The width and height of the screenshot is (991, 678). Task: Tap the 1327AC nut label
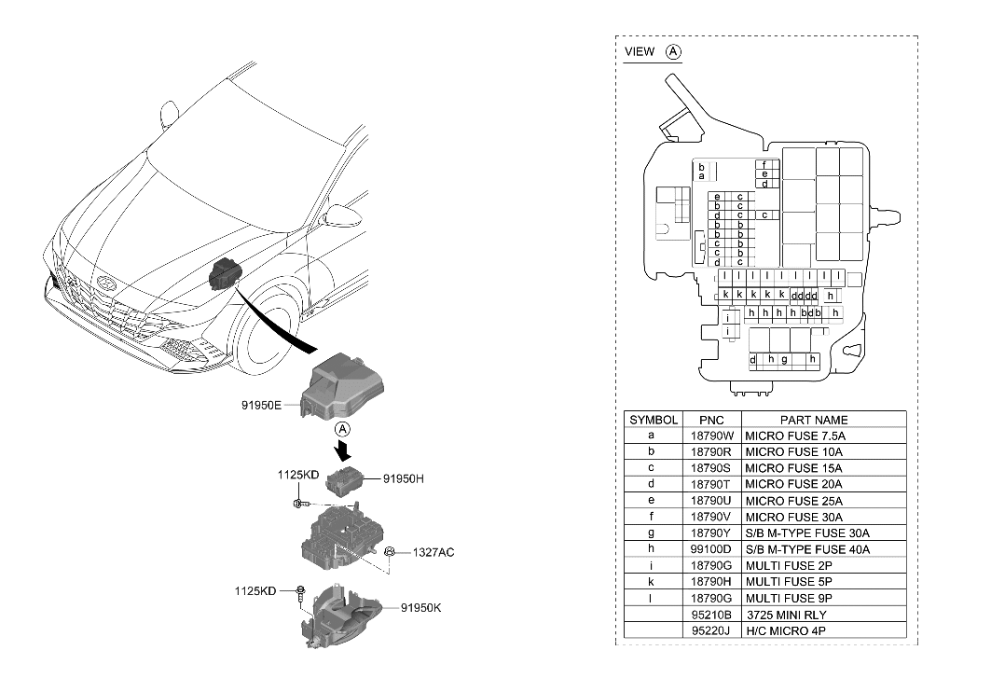point(434,553)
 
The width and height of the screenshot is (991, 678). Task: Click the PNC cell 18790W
point(712,436)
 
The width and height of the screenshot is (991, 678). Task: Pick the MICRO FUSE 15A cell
point(793,468)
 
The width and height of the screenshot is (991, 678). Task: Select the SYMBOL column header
point(654,420)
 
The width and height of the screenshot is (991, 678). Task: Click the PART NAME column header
point(814,420)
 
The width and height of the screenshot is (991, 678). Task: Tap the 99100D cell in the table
point(712,549)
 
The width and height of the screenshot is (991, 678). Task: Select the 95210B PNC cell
point(712,615)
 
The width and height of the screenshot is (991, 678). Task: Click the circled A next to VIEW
point(674,52)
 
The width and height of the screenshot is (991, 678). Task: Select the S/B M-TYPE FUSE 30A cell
point(807,533)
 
